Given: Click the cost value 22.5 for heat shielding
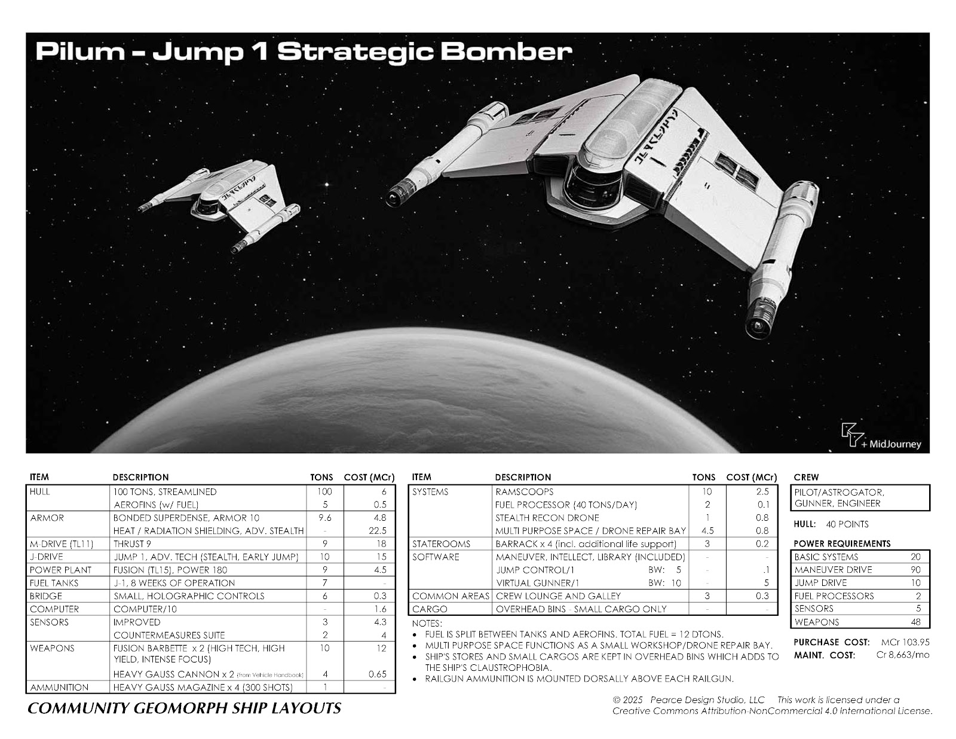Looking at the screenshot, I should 378,531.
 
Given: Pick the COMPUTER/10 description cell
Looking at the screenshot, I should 139,609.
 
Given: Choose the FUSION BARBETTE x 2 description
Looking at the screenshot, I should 199,648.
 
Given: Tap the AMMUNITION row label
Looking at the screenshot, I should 59,688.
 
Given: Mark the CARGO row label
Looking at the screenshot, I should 430,609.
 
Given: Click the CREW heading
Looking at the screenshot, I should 806,477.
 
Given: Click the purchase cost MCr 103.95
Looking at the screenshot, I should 905,642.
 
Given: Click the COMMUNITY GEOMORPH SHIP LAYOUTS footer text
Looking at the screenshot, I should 184,709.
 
